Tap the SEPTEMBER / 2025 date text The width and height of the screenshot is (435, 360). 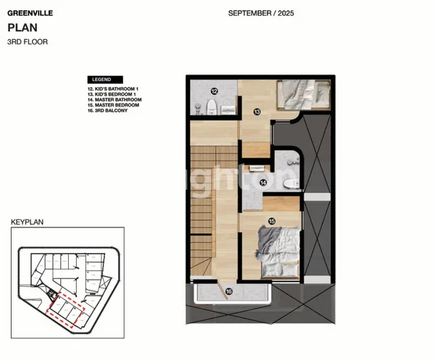point(261,13)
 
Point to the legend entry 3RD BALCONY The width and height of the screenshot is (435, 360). point(105,111)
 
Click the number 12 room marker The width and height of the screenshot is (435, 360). point(215,91)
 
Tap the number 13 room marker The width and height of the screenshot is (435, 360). point(257,112)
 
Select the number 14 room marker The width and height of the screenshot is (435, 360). point(262,183)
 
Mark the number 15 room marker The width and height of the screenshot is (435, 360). point(271,221)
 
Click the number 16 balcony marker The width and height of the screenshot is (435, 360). point(229,292)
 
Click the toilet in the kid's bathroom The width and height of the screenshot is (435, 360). point(211,109)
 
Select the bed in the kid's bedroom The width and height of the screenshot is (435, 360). point(302,93)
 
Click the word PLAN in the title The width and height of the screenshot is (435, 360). point(20,28)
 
